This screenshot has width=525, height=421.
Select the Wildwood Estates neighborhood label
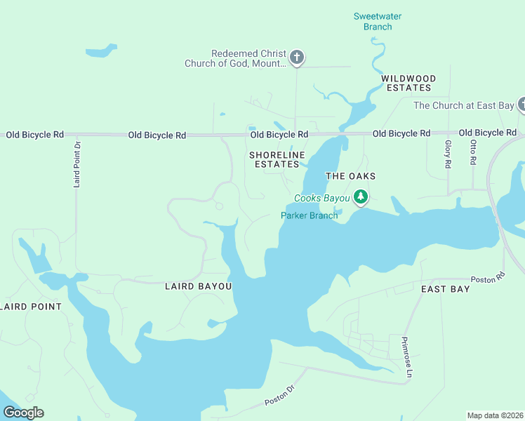pos(408,83)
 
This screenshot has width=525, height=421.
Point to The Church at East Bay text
pos(463,106)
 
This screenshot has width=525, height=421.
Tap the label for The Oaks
pos(350,176)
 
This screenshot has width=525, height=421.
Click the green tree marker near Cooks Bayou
pos(361,197)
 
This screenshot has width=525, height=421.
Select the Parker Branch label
pos(309,215)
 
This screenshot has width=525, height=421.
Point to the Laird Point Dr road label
pos(77,165)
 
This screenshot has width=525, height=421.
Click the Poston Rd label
pos(488,279)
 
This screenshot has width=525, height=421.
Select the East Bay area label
pos(445,289)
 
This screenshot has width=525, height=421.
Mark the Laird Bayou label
pos(198,286)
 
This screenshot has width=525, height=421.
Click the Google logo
pos(23,413)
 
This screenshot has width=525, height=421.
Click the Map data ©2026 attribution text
pos(495,415)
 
